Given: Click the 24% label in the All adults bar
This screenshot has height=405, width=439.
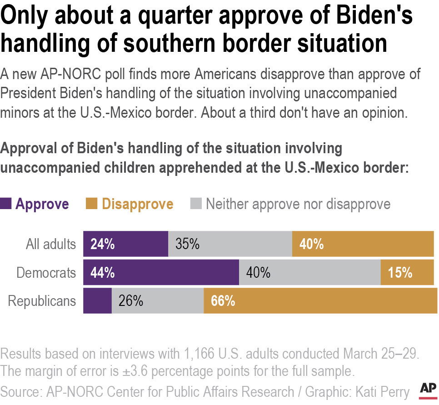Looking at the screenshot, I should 102,244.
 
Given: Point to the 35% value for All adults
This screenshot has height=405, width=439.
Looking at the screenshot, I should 187,244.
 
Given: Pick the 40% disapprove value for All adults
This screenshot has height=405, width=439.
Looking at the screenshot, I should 311,244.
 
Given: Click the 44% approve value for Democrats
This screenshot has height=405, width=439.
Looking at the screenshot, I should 102,273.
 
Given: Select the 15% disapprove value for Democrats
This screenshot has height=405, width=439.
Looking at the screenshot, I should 400,273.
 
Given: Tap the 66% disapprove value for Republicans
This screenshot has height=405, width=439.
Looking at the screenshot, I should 223,301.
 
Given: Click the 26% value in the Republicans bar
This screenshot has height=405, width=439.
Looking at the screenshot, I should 131,301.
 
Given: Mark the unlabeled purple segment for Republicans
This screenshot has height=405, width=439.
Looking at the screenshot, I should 97,301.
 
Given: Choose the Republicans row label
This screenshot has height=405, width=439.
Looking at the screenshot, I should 42,301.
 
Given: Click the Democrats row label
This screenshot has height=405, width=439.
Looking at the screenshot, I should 46,273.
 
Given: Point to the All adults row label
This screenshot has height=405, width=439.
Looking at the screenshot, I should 50,244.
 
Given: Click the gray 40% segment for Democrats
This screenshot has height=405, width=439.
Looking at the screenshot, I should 309,273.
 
